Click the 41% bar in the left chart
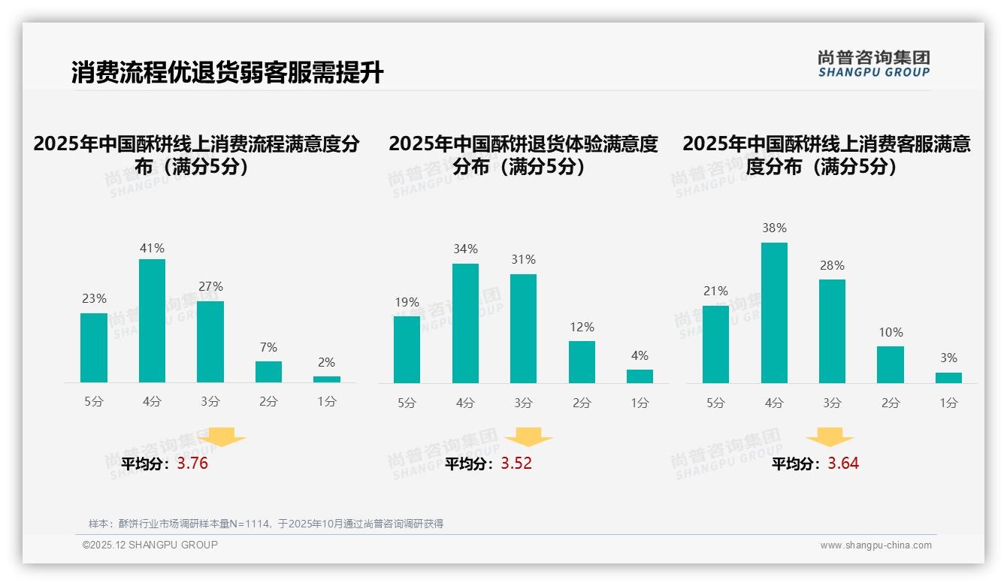(152, 321)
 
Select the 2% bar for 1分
(327, 379)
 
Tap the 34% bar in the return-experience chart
(465, 323)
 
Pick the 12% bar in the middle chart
(582, 362)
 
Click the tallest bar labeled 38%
(774, 313)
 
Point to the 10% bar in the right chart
(891, 364)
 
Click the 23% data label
(94, 298)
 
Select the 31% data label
(523, 259)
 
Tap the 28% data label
(832, 265)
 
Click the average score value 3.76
(192, 464)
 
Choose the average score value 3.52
(516, 464)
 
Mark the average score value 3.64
(843, 464)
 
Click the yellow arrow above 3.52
(528, 437)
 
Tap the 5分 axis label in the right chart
(715, 403)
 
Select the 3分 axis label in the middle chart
(523, 403)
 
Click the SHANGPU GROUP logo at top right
(873, 63)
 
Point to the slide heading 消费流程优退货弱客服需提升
(227, 73)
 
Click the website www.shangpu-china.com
(875, 545)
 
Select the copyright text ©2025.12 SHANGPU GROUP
(150, 545)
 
